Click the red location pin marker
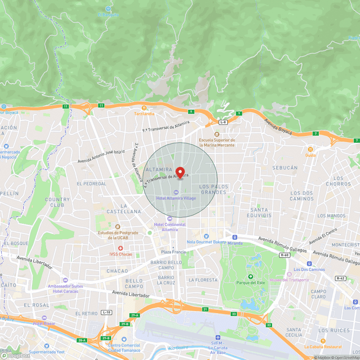click(x=180, y=172)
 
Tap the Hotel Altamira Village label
click(x=176, y=198)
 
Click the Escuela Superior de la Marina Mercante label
click(x=217, y=142)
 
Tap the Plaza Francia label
click(x=173, y=251)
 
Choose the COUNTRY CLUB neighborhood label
click(x=57, y=202)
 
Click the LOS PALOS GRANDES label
click(x=213, y=189)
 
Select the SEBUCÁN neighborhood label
click(x=285, y=168)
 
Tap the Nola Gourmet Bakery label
click(x=206, y=242)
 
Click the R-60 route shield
click(x=284, y=255)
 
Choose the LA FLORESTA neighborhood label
click(x=202, y=280)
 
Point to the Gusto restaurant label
click(x=310, y=155)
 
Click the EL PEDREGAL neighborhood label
click(x=92, y=183)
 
